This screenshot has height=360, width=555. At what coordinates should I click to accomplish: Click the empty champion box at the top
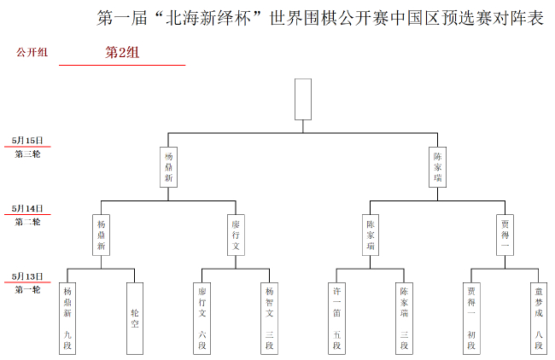(x=303, y=99)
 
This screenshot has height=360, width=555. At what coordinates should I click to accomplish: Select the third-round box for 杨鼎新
(x=169, y=167)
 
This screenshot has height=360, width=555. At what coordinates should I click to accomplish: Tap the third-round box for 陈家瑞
(x=437, y=168)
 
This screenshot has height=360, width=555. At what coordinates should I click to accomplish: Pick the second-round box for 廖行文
(x=236, y=235)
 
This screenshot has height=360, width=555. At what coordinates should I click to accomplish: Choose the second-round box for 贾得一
(x=505, y=235)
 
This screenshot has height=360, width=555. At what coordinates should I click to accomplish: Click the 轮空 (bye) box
(x=135, y=317)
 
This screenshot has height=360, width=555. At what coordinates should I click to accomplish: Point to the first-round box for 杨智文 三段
(x=269, y=317)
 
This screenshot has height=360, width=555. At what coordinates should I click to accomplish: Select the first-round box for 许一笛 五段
(x=336, y=317)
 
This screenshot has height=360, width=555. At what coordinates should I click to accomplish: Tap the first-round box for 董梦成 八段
(x=538, y=317)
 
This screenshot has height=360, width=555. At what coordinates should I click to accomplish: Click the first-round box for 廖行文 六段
(x=202, y=317)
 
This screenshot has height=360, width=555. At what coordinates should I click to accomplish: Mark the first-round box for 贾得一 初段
(x=471, y=317)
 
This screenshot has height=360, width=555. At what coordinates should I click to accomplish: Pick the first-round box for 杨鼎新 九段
(x=67, y=317)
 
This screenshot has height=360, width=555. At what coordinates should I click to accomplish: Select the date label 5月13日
(x=27, y=276)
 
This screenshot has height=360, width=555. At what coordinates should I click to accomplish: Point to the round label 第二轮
(x=27, y=222)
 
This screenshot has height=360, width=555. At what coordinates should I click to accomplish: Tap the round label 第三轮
(x=27, y=154)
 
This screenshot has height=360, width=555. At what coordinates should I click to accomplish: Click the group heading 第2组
(x=122, y=53)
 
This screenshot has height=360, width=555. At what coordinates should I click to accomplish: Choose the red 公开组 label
(x=32, y=53)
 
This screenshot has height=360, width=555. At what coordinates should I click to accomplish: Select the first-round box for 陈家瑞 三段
(x=404, y=317)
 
